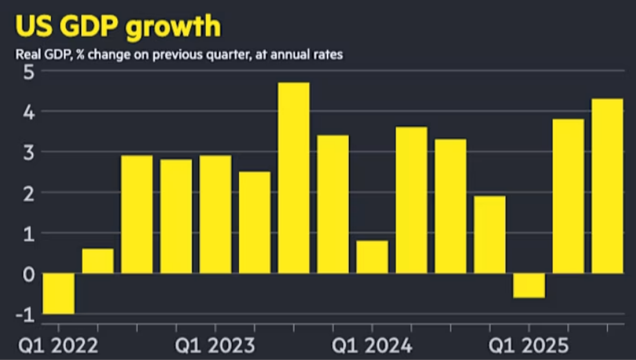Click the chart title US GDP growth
coord(118,26)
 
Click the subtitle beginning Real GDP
coord(179,55)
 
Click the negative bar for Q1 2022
coord(58,294)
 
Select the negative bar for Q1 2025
coord(529,286)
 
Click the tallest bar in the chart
coord(294,178)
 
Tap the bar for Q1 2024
coord(372,257)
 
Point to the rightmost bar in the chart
coord(607,186)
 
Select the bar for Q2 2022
coord(98,261)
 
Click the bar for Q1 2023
coord(215,214)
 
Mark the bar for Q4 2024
coord(490,234)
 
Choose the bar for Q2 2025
coord(568,196)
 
